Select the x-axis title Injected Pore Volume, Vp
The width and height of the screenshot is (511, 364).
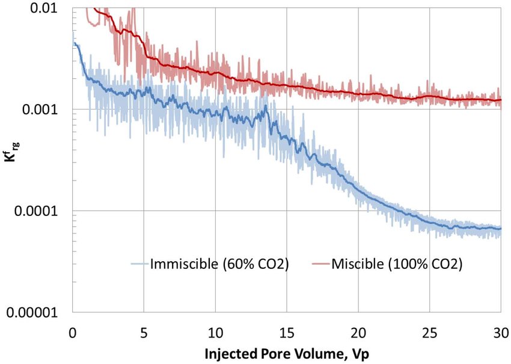tap(286, 354)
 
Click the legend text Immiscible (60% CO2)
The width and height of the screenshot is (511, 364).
tap(220, 264)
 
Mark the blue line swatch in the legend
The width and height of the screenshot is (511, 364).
tap(139, 264)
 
